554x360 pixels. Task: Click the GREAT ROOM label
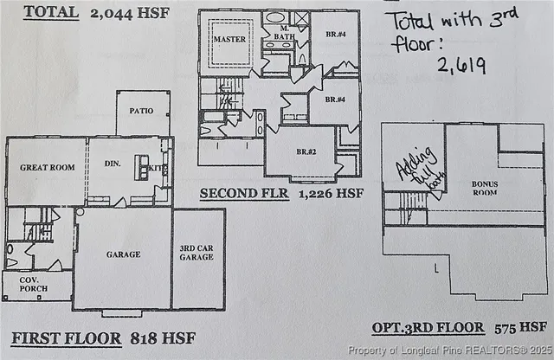(48, 167)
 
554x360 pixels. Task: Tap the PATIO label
(142, 111)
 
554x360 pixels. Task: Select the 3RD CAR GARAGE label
(197, 253)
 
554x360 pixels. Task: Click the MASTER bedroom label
(229, 39)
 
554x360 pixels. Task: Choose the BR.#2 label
(304, 151)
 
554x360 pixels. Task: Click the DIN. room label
(112, 162)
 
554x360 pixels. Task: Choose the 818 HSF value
(164, 337)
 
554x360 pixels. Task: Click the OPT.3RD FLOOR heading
(427, 327)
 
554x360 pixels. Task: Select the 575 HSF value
(521, 327)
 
